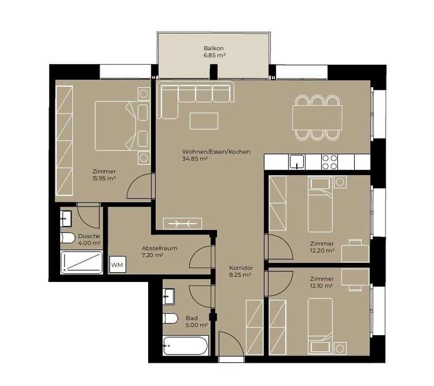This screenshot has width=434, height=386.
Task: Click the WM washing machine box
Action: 118,265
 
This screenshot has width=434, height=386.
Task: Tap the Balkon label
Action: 214,48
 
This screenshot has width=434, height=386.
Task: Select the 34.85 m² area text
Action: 195,159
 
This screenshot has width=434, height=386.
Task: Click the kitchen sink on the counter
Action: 296,162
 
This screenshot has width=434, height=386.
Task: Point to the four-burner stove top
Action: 329,162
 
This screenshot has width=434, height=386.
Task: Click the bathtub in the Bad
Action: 186,345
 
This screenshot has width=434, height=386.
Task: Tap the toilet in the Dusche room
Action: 67,238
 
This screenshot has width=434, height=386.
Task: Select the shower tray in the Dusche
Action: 81,262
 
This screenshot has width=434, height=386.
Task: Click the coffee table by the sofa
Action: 204,121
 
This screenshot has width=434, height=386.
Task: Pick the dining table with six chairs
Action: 317,118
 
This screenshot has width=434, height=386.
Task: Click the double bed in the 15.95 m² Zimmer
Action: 116,126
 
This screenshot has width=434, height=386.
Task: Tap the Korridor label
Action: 241,268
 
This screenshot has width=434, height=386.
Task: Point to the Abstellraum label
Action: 159,248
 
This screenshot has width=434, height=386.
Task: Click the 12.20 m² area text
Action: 322,250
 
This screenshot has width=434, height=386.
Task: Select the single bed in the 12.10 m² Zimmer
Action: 320,326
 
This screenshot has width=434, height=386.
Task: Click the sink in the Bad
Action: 168,297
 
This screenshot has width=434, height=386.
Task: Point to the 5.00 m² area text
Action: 196,325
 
